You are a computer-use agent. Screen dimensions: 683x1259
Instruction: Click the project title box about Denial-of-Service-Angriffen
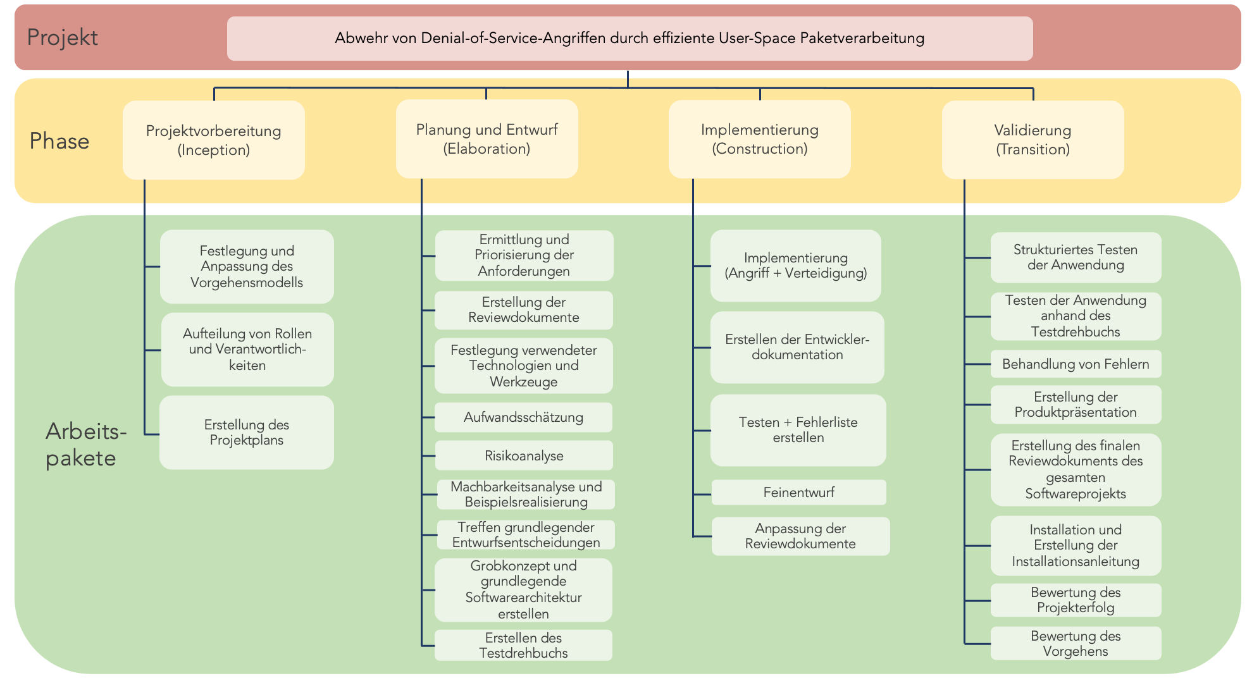coord(629,39)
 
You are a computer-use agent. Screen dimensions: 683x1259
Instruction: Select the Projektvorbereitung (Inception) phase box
coord(214,140)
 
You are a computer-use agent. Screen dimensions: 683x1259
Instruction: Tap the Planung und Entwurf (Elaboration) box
coord(487,139)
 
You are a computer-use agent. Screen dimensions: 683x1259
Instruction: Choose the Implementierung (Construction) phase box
coord(759,139)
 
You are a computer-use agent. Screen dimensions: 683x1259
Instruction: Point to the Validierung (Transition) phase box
coord(1033,140)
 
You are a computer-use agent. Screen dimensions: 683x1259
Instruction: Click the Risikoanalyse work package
coord(524,455)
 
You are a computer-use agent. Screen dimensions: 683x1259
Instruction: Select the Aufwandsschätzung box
coord(523,417)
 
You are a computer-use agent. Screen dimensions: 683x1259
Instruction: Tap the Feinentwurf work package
coord(798,492)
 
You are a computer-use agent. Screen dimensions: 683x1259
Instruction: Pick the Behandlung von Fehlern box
coord(1076,364)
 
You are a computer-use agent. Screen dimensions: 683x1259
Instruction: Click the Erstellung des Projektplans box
coord(247,433)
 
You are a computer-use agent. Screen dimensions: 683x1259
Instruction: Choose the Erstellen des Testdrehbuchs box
coord(523,645)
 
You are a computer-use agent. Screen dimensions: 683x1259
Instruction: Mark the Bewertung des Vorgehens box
coord(1076,643)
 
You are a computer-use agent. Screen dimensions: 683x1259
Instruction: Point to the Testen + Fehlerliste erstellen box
coord(798,430)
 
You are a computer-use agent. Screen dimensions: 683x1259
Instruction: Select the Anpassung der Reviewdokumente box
coord(800,536)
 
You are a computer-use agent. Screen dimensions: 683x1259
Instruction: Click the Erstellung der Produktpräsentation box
coord(1076,405)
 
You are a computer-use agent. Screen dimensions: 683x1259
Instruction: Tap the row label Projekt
coord(62,38)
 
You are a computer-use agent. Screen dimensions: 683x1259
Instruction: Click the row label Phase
coord(59,141)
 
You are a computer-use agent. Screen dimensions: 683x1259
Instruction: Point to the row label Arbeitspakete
coord(85,445)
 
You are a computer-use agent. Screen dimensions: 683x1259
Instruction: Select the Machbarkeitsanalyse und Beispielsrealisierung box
coord(526,495)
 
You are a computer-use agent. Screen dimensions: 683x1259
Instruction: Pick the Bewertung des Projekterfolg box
coord(1076,600)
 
